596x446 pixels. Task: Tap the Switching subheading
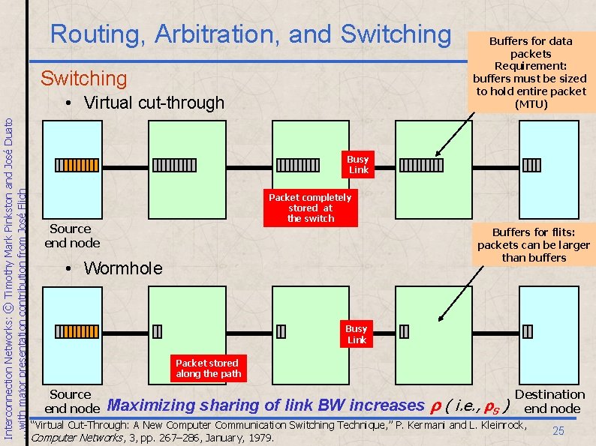[x=83, y=78]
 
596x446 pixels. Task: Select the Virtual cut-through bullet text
[x=154, y=103]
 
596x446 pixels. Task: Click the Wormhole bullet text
[x=122, y=268]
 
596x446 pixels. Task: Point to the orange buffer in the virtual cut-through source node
[x=73, y=166]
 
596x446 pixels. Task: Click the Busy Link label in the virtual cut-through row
[x=358, y=164]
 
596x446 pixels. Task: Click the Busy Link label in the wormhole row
[x=357, y=334]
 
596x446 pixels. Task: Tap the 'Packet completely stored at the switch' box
[x=310, y=208]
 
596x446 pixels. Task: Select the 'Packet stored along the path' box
[x=207, y=368]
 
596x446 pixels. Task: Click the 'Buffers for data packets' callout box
[x=530, y=72]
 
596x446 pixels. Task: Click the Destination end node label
[x=550, y=401]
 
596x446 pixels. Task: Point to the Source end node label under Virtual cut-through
[x=72, y=235]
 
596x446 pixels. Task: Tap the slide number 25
[x=558, y=430]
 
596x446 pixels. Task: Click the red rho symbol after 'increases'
[x=434, y=406]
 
